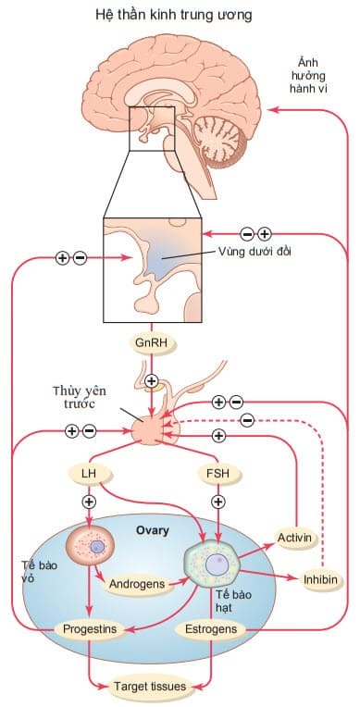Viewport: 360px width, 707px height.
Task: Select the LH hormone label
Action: point(90,475)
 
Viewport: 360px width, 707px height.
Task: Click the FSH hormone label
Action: point(219,475)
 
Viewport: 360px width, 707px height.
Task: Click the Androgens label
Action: point(136,585)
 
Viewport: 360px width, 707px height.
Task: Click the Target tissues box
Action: point(148,687)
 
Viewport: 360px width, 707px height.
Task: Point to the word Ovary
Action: point(154,531)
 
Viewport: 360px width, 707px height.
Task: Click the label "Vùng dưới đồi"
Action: point(253,251)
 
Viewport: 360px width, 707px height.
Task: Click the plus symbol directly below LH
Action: point(90,502)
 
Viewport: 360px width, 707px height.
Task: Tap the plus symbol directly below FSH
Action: point(219,502)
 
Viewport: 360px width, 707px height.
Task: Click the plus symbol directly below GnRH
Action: point(152,381)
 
